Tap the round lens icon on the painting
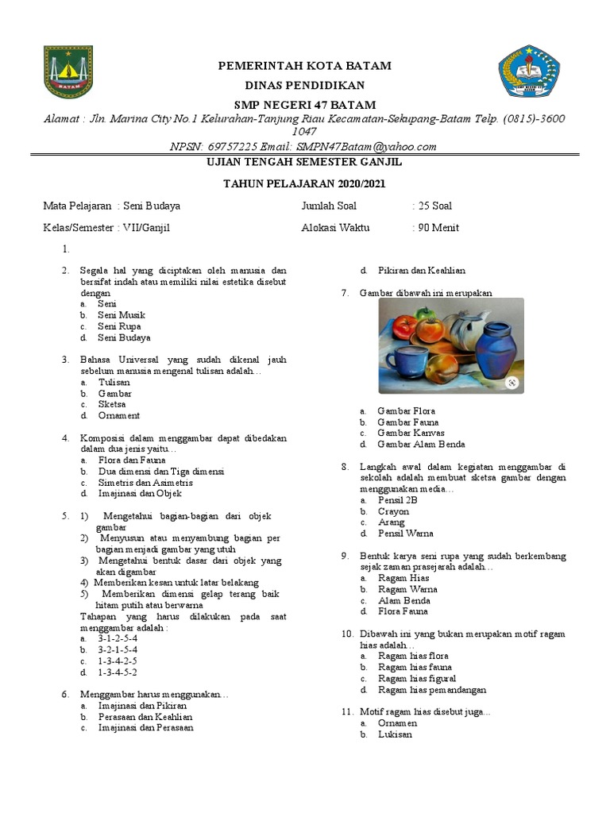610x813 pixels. (513, 383)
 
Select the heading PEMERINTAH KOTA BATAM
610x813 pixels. (304, 65)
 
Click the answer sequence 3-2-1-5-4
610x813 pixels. (118, 649)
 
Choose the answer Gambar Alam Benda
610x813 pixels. (421, 445)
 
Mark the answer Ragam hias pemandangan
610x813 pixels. (432, 690)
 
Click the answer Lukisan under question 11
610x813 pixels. (395, 734)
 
